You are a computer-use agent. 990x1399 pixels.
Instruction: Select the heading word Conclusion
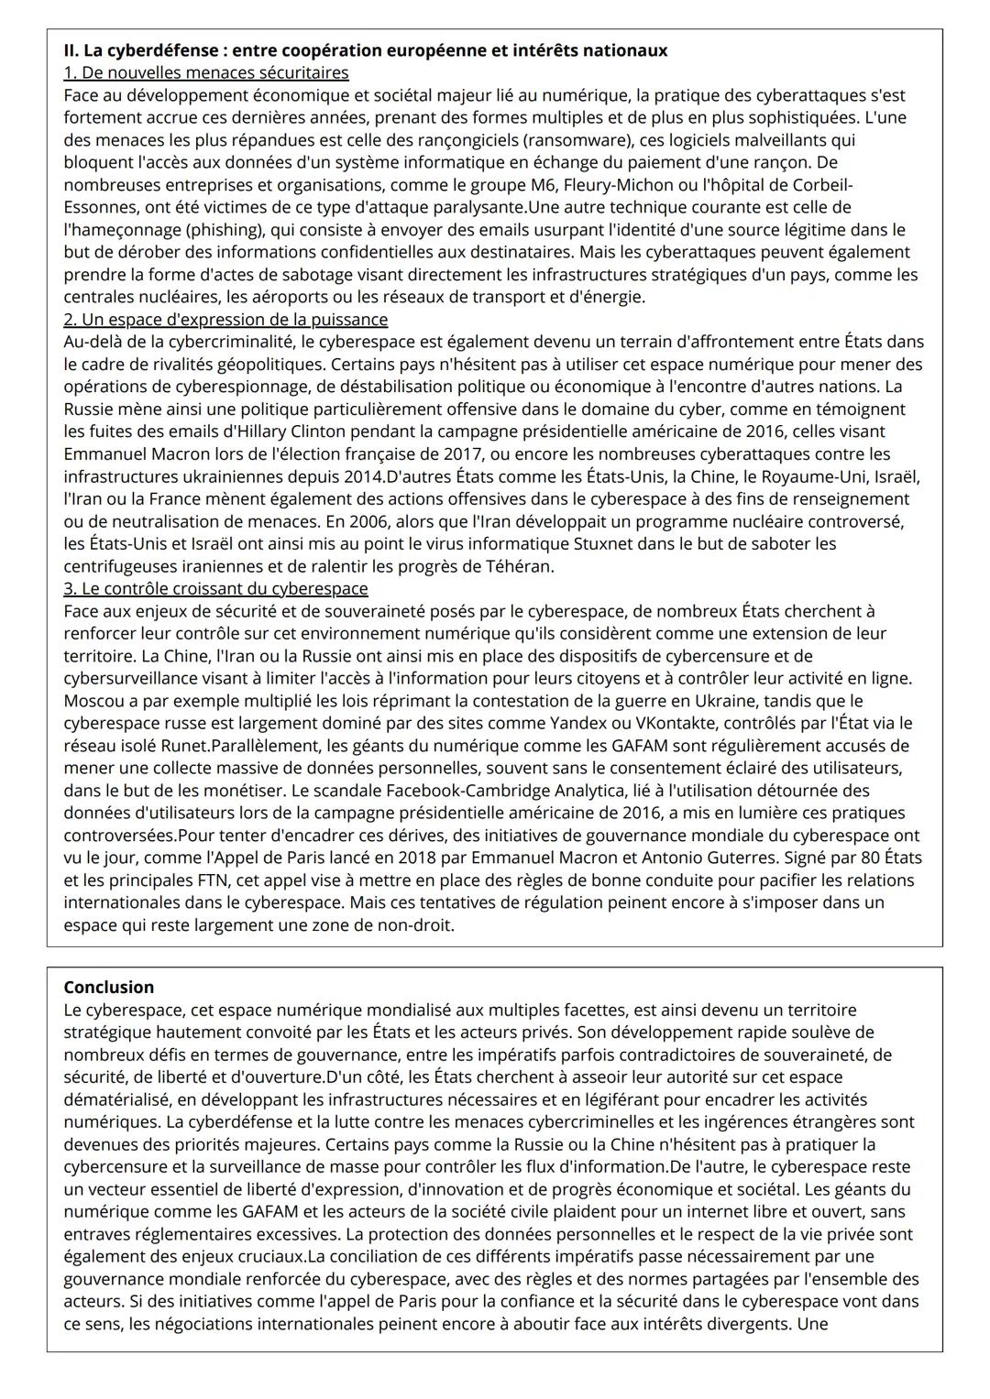click(x=108, y=987)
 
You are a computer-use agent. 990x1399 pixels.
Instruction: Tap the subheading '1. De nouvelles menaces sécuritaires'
click(x=205, y=72)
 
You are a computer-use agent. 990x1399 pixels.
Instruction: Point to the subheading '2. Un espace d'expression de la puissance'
click(x=225, y=319)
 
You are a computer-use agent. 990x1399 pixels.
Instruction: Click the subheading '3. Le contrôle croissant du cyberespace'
click(x=215, y=588)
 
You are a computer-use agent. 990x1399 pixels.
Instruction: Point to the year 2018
click(x=427, y=858)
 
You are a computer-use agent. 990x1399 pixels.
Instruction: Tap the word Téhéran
click(x=521, y=566)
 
